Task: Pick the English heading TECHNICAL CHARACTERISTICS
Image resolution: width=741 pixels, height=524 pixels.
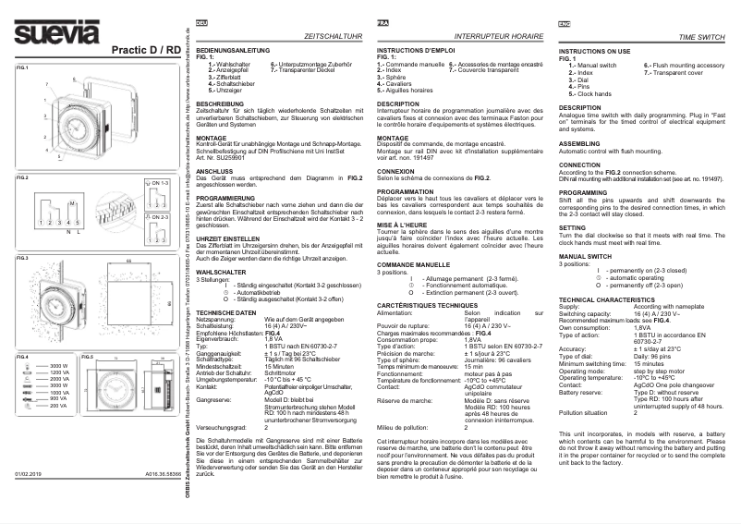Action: click(x=610, y=300)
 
